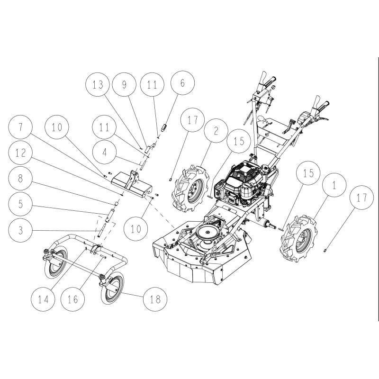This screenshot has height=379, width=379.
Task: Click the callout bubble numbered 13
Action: (x=98, y=85)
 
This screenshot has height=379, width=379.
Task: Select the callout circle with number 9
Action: (x=125, y=85)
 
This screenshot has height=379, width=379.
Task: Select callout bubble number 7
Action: (x=21, y=128)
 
